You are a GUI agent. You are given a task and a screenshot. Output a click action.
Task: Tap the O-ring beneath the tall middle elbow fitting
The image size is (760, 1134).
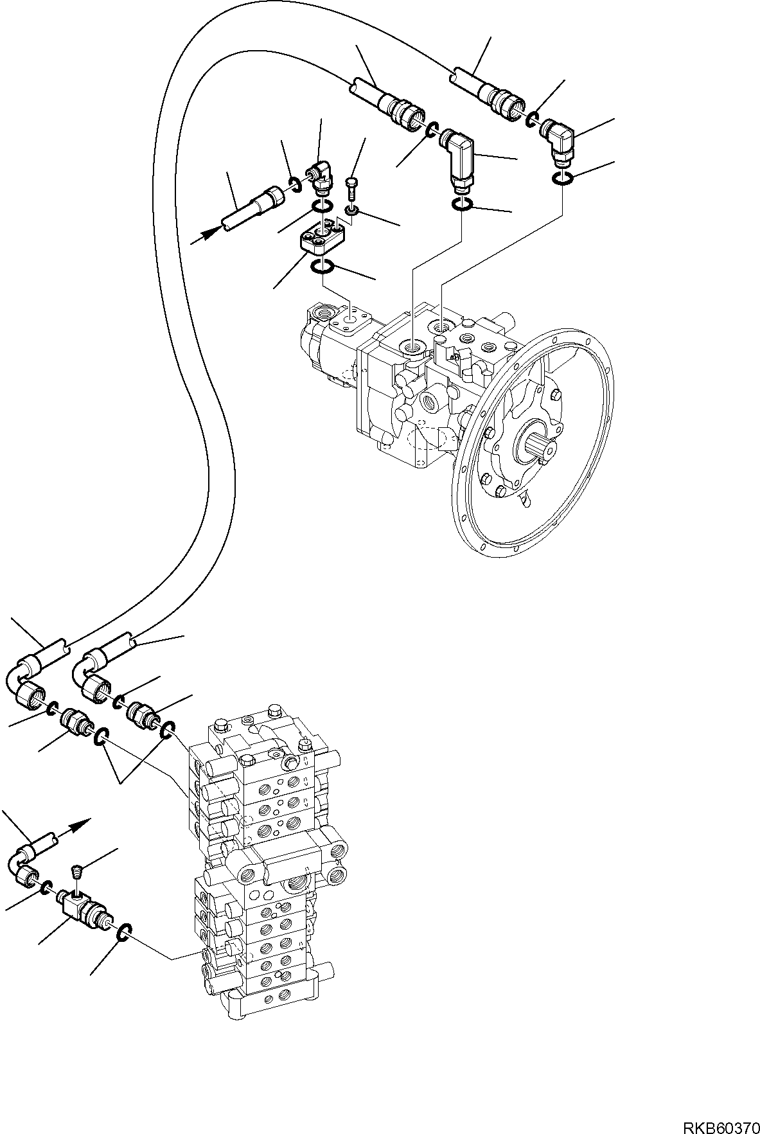(x=461, y=204)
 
